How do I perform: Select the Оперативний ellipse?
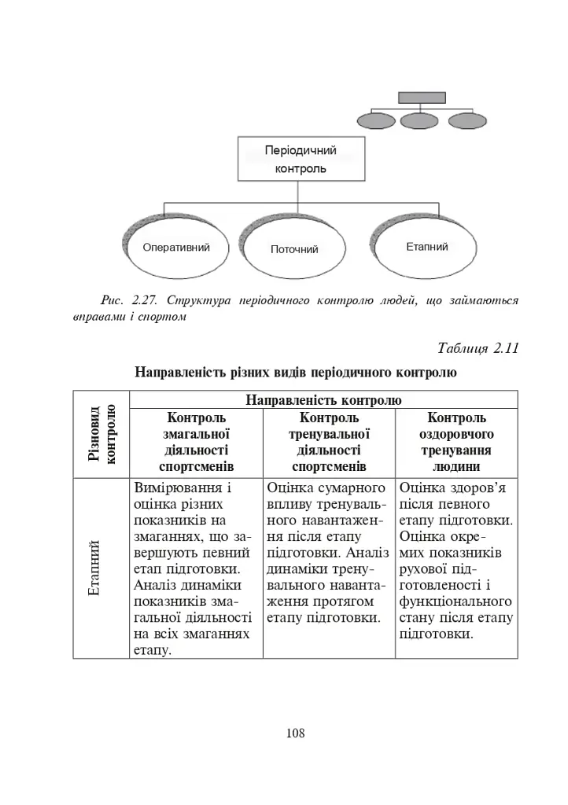coord(176,248)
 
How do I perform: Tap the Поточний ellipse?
coord(294,250)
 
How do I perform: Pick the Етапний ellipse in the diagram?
coord(426,247)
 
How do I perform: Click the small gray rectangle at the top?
coord(422,97)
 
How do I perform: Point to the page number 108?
coord(295,733)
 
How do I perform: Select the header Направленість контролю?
coord(323,400)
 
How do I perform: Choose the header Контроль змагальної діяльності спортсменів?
coord(196,443)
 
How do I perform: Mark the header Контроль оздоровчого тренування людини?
coord(456,443)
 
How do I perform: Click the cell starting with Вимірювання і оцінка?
coord(195,568)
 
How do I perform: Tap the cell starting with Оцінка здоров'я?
coord(456,561)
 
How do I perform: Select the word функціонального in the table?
coord(456,602)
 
